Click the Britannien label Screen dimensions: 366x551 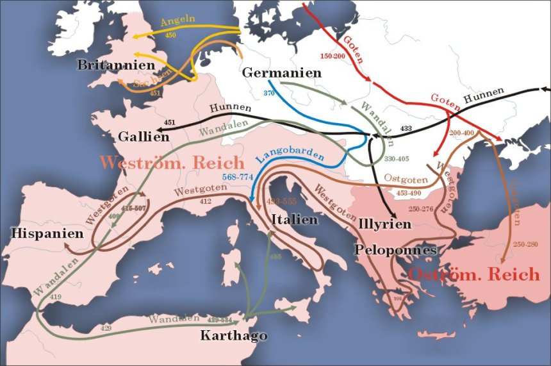[115, 65]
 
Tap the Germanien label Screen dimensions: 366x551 [281, 73]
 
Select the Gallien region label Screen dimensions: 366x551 [144, 137]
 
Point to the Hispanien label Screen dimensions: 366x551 [47, 233]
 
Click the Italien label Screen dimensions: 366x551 [295, 219]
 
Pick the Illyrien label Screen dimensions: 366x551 [385, 224]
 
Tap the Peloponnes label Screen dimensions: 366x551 [395, 250]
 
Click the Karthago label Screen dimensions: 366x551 [234, 335]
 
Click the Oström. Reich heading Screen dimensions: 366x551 [474, 274]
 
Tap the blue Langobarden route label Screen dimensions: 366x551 [289, 156]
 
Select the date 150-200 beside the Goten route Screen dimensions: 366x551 [334, 57]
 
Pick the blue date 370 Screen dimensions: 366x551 [269, 94]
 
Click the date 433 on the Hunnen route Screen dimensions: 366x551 [406, 128]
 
